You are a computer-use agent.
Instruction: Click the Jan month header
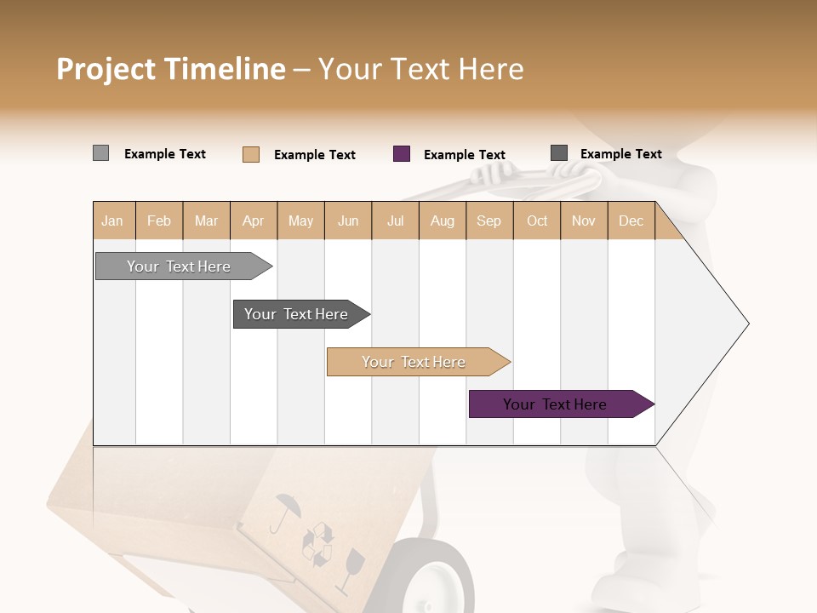(x=112, y=221)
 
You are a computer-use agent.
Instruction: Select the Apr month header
(x=253, y=221)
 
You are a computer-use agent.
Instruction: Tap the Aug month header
(x=442, y=221)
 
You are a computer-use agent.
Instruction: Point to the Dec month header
(x=631, y=221)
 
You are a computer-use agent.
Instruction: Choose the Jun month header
(x=347, y=221)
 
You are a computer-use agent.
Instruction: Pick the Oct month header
(x=536, y=221)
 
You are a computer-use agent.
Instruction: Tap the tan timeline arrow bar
(x=416, y=362)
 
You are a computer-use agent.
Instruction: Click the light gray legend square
(x=100, y=153)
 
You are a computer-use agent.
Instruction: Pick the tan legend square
(x=250, y=154)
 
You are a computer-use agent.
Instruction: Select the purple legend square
(x=402, y=154)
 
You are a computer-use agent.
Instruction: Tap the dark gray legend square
(x=558, y=153)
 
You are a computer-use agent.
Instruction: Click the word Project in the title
(x=106, y=69)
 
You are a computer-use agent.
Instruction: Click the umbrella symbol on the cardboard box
(x=285, y=511)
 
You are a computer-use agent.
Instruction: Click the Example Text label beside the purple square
(x=464, y=155)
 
